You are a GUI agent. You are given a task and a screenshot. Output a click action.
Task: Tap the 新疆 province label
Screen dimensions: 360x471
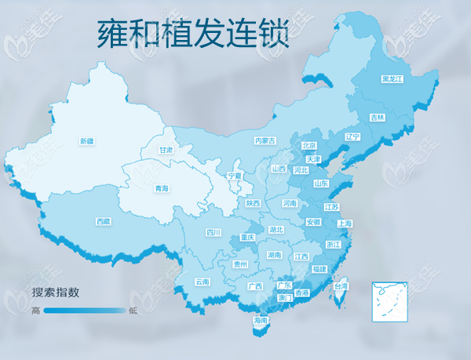[86, 141]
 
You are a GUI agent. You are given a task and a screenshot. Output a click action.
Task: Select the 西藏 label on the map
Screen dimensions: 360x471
[103, 221]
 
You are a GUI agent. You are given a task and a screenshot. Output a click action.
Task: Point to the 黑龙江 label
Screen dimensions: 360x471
[391, 79]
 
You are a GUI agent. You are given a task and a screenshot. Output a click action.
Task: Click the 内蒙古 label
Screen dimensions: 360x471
[265, 141]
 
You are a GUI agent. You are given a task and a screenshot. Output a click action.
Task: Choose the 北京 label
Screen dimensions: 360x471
[309, 146]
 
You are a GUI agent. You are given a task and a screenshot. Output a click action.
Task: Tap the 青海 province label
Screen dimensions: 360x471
[162, 188]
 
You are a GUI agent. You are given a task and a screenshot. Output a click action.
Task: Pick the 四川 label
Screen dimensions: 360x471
[214, 232]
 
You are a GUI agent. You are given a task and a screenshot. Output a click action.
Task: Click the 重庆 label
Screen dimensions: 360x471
[247, 237]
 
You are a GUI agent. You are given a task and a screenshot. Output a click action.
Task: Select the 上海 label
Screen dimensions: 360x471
[344, 224]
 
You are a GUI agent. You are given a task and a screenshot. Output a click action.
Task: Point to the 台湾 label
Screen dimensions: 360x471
[341, 287]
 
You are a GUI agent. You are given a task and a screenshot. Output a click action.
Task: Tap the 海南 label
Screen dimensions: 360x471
[261, 321]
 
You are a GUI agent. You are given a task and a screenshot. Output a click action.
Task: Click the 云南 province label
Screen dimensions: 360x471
[202, 282]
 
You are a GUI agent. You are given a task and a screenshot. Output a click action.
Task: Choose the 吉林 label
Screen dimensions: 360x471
[378, 118]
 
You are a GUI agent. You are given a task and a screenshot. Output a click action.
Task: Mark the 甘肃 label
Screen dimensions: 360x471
[165, 150]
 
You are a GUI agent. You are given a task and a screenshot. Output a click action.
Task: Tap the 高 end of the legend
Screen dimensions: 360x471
[36, 311]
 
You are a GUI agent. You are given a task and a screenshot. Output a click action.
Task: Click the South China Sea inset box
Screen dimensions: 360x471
[390, 298]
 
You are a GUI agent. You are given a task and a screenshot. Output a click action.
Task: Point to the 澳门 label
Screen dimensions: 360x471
[285, 298]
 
